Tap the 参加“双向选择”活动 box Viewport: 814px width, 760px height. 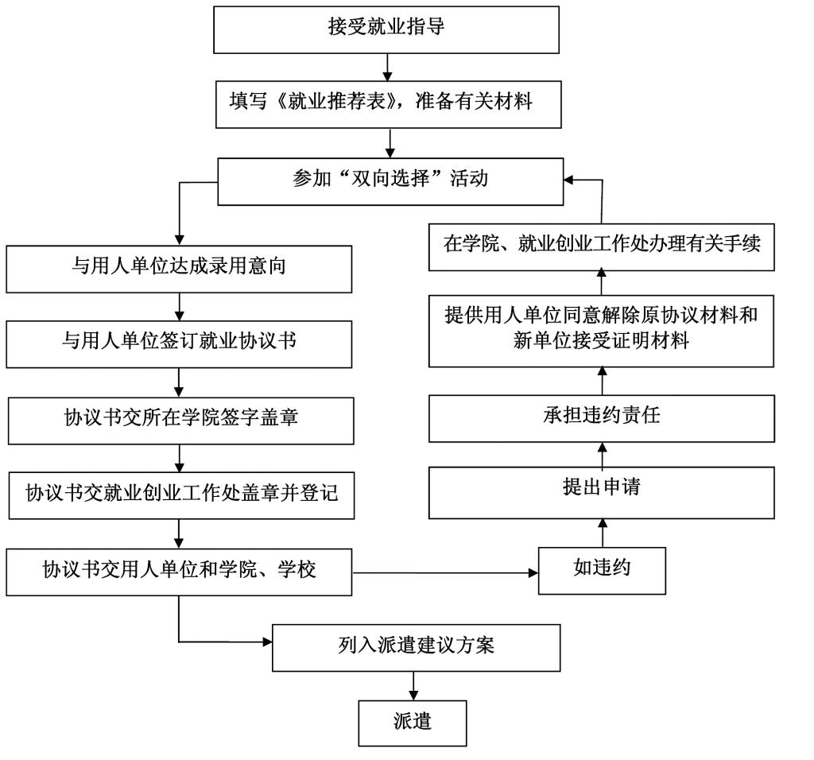pos(390,180)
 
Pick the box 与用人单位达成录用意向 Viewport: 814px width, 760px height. pos(179,268)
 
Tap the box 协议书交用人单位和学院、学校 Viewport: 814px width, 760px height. pos(179,570)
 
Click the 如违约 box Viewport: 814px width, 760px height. pos(602,570)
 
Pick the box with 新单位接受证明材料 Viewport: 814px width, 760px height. pos(602,330)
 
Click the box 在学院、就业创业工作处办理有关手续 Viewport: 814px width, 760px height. pos(602,245)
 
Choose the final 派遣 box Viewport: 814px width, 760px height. pos(413,722)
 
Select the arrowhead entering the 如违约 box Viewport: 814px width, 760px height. pos(533,570)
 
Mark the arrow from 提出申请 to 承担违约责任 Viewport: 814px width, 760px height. pos(602,455)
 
